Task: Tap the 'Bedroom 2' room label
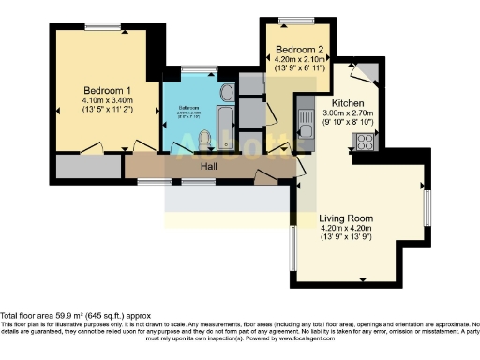[x=300, y=50]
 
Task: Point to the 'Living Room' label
[x=347, y=217]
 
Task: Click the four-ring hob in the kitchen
[x=364, y=141]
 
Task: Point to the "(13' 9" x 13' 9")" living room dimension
[x=347, y=236]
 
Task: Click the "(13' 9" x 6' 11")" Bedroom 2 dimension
[x=300, y=68]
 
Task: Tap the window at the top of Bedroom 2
[x=300, y=21]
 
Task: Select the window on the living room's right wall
[x=426, y=207]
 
